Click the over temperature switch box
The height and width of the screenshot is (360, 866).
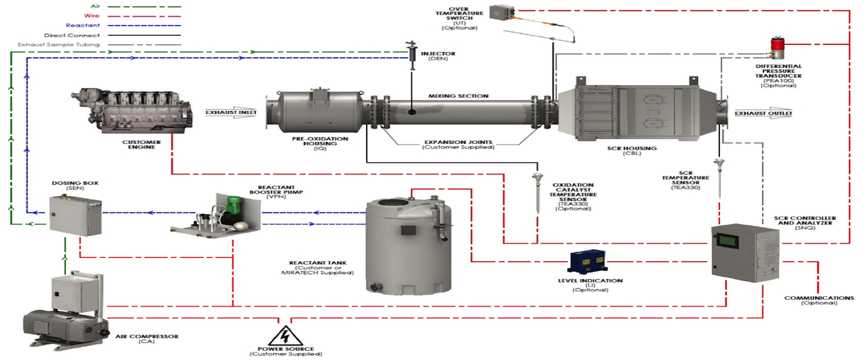(503, 12)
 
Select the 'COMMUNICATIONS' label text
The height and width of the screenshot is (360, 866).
(819, 298)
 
